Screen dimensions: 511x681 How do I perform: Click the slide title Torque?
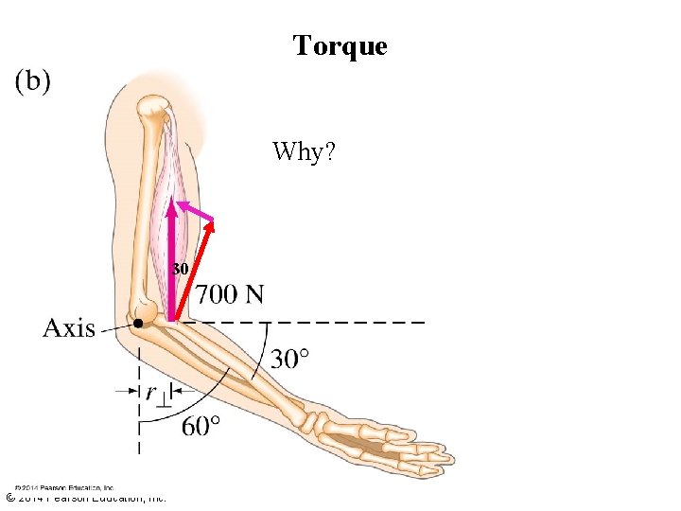click(340, 45)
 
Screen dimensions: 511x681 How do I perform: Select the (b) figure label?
click(33, 81)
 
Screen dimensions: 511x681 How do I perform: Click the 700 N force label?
click(230, 295)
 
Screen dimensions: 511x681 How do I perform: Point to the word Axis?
click(68, 328)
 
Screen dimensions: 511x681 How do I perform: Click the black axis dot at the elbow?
click(138, 324)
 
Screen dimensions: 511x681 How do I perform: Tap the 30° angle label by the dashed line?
click(290, 359)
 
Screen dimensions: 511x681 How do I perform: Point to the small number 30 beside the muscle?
click(181, 269)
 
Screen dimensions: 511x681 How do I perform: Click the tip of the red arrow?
click(215, 222)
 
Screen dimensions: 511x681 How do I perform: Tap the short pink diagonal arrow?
click(197, 211)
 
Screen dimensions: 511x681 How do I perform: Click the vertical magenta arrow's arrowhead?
click(172, 206)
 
